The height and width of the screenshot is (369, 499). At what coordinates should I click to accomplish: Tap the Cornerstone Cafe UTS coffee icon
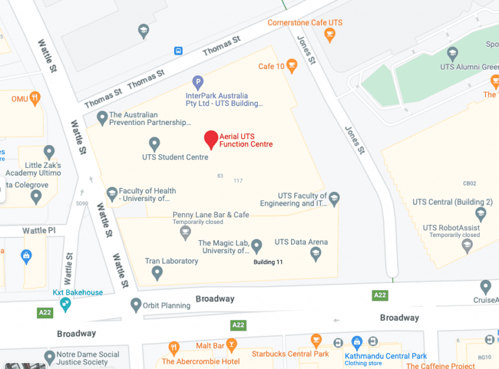(329, 34)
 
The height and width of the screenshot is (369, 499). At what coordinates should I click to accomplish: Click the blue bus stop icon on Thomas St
(178, 50)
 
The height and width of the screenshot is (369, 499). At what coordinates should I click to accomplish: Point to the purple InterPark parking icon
(198, 83)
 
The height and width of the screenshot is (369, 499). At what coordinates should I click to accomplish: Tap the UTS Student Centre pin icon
(155, 143)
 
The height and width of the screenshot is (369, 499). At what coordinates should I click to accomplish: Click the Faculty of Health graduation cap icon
(112, 194)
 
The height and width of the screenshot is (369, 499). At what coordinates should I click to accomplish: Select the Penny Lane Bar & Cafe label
(211, 215)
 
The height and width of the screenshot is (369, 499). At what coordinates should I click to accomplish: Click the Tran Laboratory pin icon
(157, 273)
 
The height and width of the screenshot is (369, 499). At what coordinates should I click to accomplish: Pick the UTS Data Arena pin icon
(316, 254)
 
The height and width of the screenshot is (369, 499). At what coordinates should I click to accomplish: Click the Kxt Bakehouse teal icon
(65, 305)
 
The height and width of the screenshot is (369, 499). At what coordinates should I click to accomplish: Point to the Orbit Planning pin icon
(136, 305)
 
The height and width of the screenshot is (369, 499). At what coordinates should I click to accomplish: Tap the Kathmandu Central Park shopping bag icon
(356, 342)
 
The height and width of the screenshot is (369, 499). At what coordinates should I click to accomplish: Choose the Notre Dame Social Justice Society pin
(50, 358)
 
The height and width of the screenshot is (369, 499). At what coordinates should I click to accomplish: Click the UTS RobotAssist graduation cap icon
(467, 245)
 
